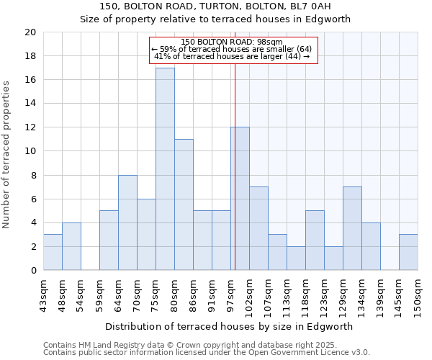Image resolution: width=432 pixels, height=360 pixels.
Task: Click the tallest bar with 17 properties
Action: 165,169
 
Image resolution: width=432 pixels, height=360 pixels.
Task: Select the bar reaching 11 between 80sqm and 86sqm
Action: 184,204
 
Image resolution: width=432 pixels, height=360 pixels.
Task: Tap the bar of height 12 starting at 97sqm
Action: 240,199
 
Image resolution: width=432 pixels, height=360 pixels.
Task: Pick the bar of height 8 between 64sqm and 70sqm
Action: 127,222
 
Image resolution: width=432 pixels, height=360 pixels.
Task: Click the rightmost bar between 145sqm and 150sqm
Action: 408,252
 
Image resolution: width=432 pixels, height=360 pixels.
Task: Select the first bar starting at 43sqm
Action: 53,252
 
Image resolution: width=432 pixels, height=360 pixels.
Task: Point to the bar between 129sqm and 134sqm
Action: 352,228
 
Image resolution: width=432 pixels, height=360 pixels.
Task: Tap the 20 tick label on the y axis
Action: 30,32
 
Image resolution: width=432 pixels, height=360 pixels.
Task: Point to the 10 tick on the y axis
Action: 30,151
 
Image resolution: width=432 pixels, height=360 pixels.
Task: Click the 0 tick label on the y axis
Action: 32,271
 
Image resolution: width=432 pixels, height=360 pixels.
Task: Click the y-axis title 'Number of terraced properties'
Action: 6,154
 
